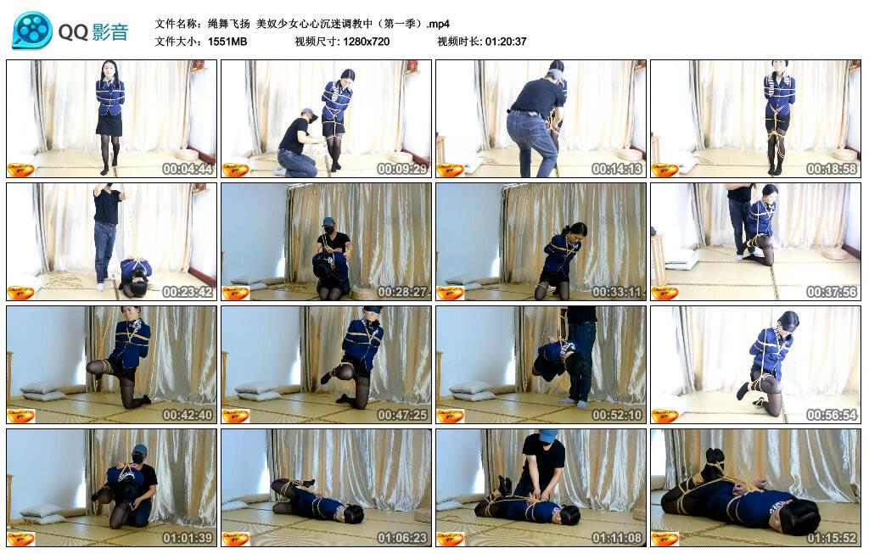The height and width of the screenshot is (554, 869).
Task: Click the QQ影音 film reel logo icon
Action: [x=32, y=31]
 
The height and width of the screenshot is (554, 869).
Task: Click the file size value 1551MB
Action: [x=227, y=42]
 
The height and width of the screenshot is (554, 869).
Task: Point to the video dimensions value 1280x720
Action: [x=367, y=42]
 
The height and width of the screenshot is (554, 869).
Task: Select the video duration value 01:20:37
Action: [x=506, y=42]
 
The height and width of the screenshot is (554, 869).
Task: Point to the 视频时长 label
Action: [x=459, y=42]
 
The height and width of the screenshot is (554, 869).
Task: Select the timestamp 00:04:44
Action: [x=188, y=169]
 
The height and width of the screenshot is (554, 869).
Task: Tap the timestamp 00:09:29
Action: [x=403, y=169]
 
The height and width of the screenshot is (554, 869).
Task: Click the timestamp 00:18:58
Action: [x=833, y=169]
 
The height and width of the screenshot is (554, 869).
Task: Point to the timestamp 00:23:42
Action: [x=188, y=292]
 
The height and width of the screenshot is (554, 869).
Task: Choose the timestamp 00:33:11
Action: [x=618, y=292]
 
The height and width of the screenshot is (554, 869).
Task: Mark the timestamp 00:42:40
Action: [x=188, y=415]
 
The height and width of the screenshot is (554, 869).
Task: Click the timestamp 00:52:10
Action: [x=618, y=415]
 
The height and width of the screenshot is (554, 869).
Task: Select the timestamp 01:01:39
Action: [x=188, y=538]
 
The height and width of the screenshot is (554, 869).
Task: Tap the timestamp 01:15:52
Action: [x=833, y=538]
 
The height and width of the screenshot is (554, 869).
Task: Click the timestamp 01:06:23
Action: [x=403, y=538]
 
